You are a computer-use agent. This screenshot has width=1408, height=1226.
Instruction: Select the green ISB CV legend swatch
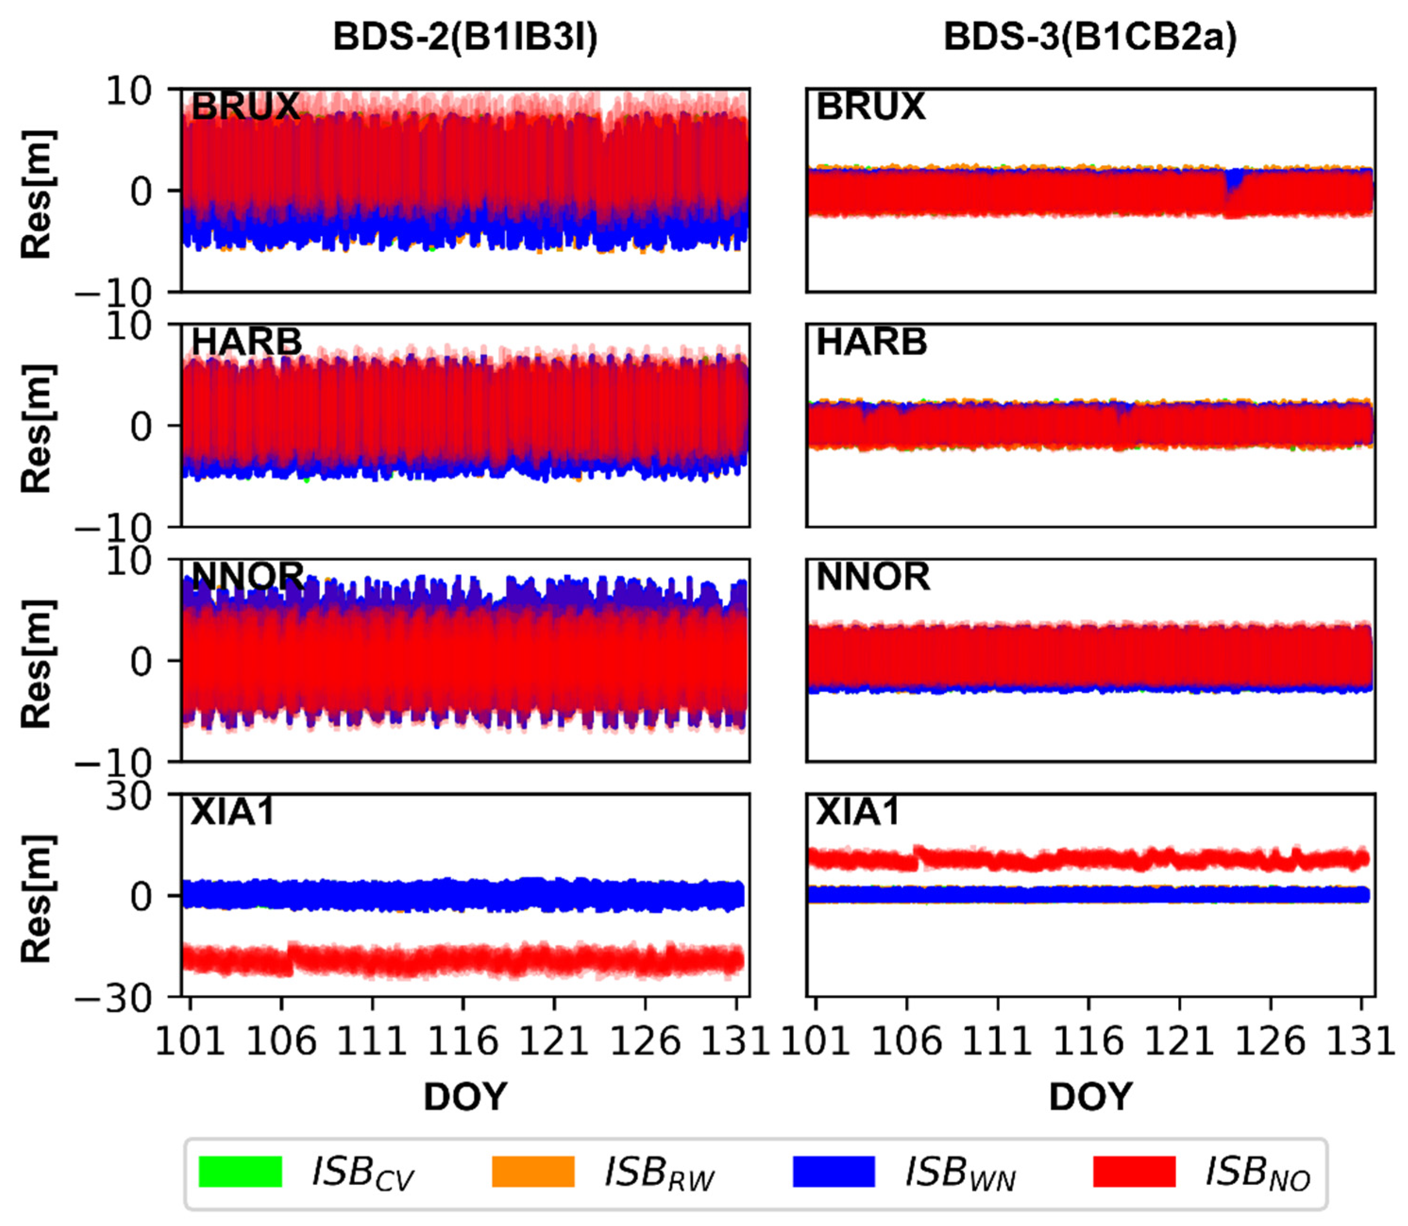pos(240,1171)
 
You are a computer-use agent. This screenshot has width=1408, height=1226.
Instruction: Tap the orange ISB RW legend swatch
pos(533,1171)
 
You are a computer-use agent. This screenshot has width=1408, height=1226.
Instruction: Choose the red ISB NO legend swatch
pos(1134,1171)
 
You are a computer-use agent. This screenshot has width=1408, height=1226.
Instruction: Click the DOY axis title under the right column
pos(1090,1097)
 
